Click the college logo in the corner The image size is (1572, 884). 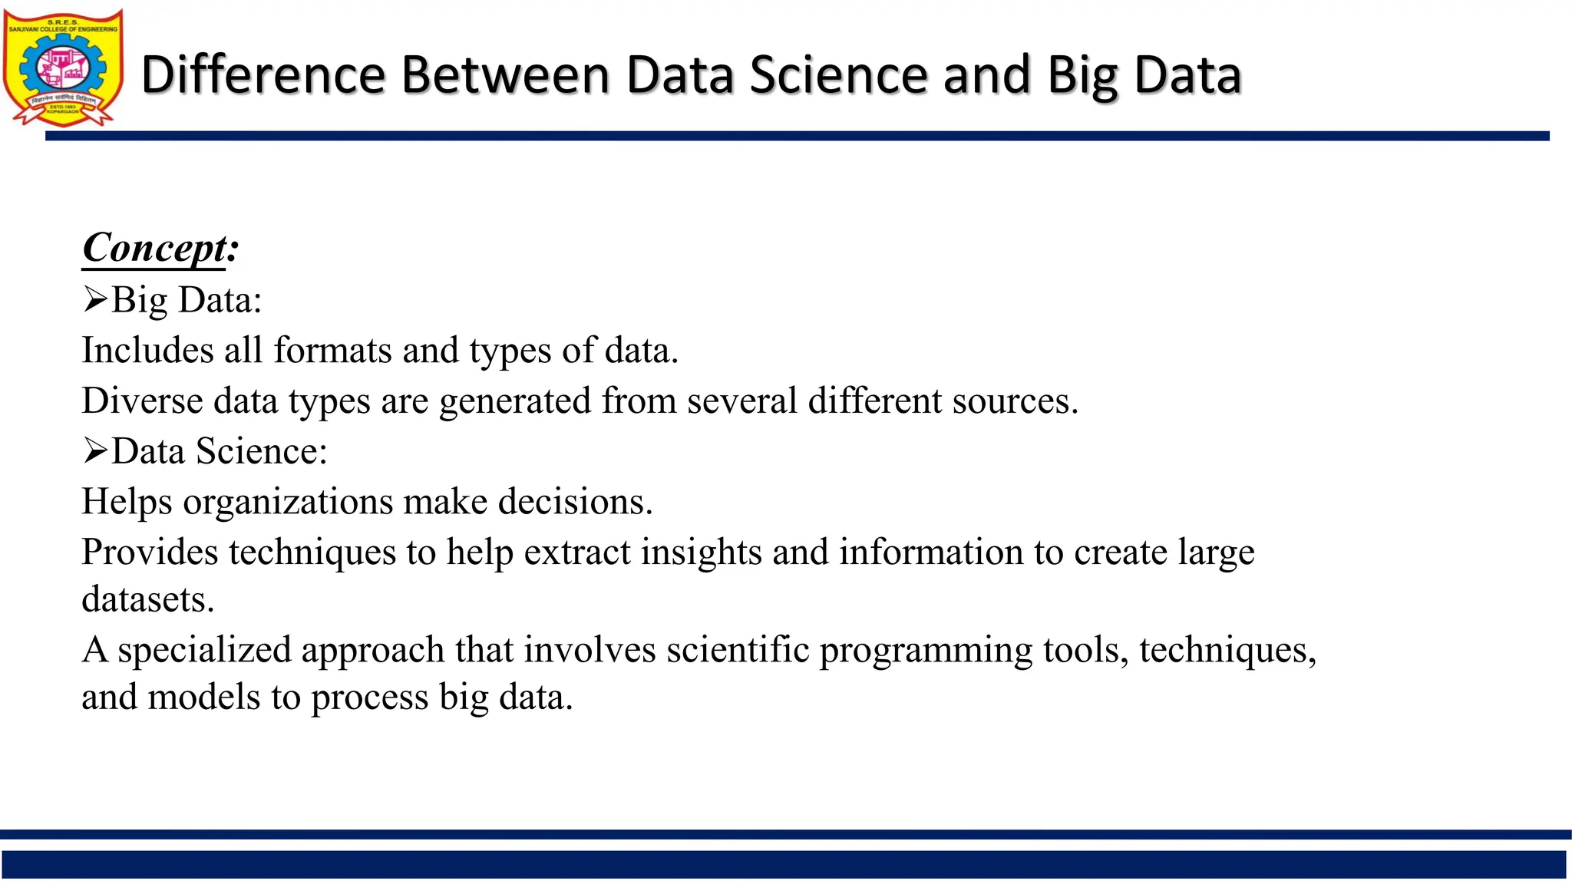(x=63, y=68)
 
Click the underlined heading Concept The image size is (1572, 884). (x=154, y=248)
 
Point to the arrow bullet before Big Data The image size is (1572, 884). (x=95, y=299)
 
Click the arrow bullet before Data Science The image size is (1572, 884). (x=95, y=450)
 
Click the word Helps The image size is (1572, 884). (x=127, y=502)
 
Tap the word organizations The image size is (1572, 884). (x=288, y=502)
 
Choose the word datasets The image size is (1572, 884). (x=147, y=599)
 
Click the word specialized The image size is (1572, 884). (x=203, y=650)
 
